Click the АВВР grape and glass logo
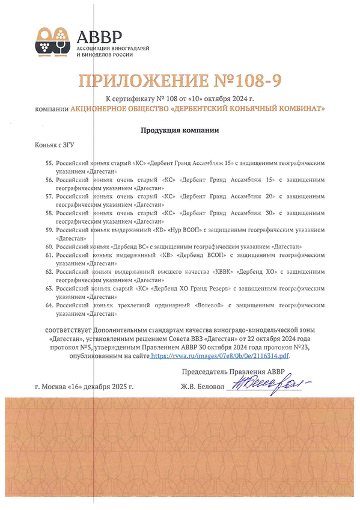point(51,40)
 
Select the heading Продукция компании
point(180,130)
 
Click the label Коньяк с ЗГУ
point(55,146)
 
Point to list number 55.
point(49,163)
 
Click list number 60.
point(49,247)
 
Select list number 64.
point(49,306)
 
